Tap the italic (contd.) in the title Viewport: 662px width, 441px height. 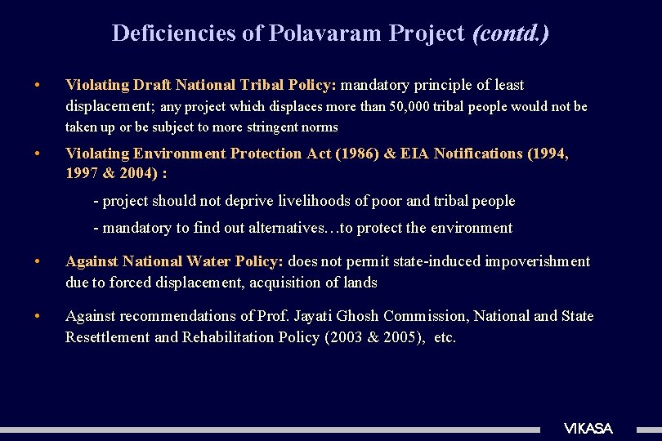pyautogui.click(x=511, y=33)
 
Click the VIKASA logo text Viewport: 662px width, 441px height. pyautogui.click(x=588, y=429)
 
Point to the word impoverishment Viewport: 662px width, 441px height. pyautogui.click(x=539, y=261)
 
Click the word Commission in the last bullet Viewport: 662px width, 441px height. pyautogui.click(x=425, y=316)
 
